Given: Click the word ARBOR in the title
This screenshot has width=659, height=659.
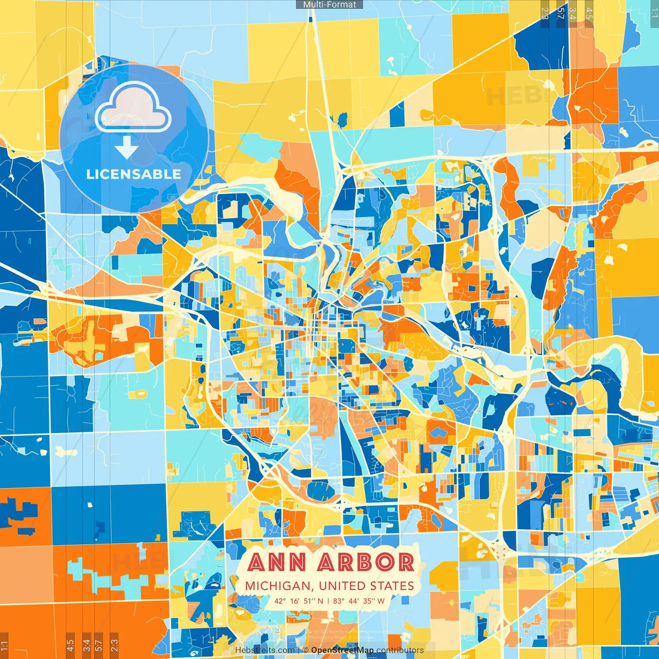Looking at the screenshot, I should (366, 562).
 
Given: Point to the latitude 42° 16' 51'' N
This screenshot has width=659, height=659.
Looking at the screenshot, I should (299, 601).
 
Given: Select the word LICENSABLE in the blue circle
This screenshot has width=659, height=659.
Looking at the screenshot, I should (134, 174).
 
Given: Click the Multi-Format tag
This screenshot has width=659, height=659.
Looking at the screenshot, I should (329, 5).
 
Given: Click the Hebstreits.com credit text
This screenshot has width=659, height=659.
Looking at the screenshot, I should (265, 650).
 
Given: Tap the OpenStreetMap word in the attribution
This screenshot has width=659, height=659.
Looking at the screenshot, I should (342, 650).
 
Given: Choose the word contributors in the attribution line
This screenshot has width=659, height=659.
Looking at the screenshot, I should (400, 650).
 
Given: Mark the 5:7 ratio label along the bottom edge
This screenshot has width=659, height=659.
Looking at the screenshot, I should (99, 644).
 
